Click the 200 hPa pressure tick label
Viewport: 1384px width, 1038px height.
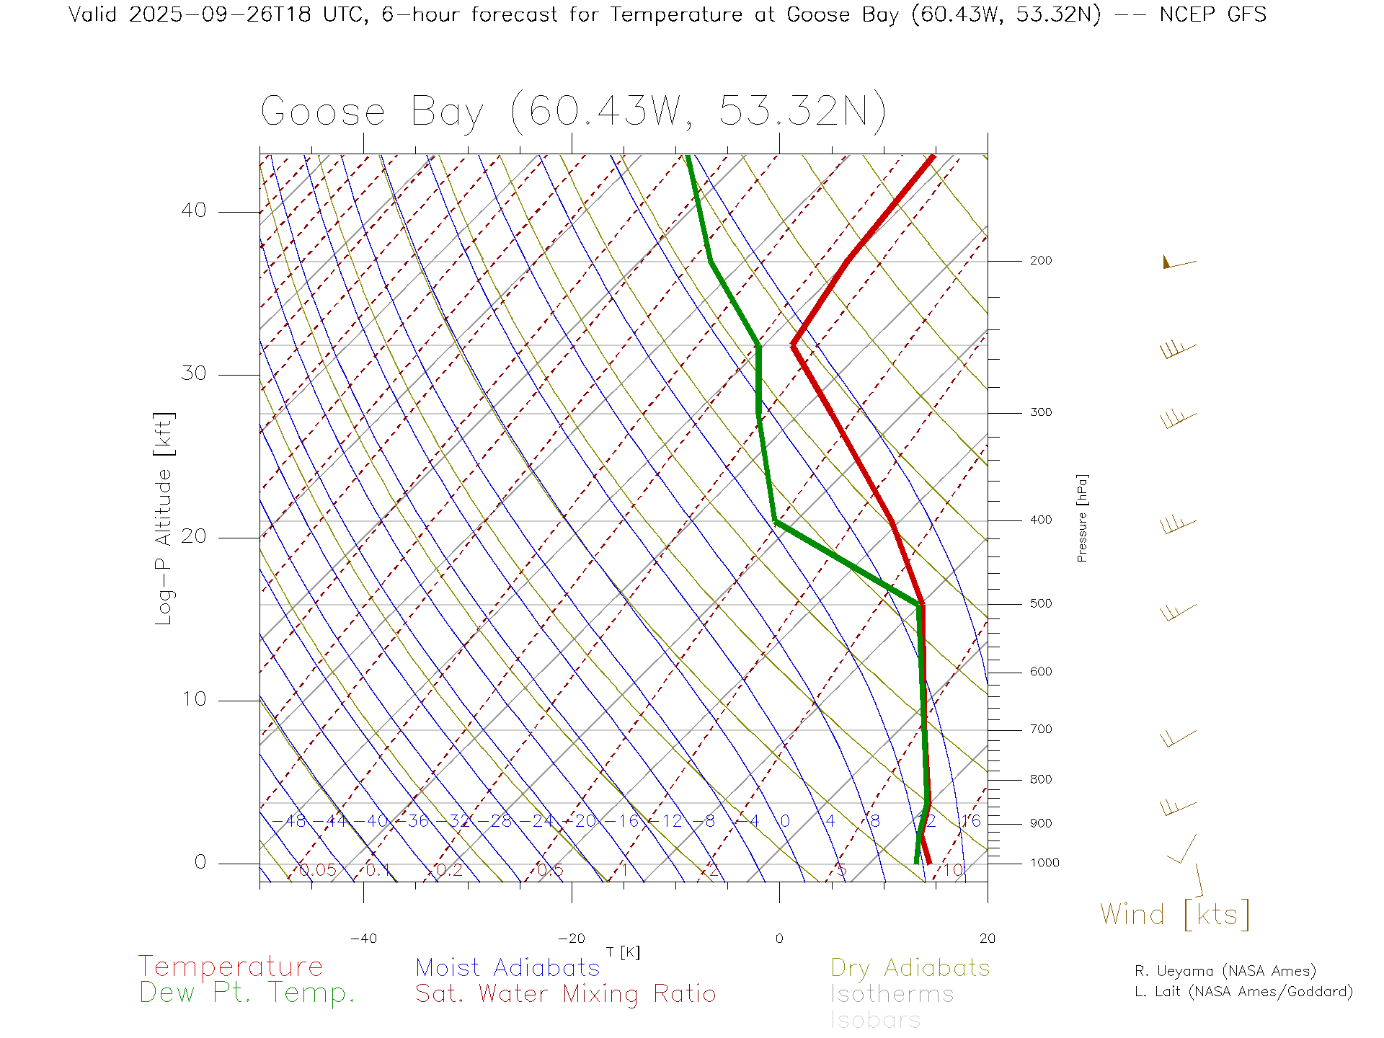[x=1040, y=261]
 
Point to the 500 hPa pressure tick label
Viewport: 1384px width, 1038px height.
[x=1040, y=604]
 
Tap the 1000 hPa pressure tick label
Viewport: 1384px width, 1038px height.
[x=1044, y=864]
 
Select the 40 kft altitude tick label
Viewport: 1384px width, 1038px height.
[x=193, y=210]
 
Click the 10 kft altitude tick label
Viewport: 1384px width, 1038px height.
[x=193, y=699]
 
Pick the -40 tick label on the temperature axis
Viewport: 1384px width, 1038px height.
[x=363, y=939]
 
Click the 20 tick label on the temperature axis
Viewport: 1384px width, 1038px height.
[x=987, y=939]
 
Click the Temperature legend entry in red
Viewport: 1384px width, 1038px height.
[x=231, y=967]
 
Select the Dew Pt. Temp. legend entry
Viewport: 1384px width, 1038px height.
[x=247, y=993]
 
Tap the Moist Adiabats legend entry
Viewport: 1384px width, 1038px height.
[x=508, y=968]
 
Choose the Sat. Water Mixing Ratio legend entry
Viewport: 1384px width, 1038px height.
[x=566, y=994]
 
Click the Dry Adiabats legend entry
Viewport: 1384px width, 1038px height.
[x=910, y=968]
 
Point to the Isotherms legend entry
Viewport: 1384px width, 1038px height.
[x=892, y=995]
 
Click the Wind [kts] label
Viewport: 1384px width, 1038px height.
[x=1175, y=915]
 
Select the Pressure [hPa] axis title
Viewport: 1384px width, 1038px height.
[x=1082, y=518]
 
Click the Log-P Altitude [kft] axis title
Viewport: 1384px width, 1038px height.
[x=164, y=519]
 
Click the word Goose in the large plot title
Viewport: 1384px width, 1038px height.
[x=323, y=112]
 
